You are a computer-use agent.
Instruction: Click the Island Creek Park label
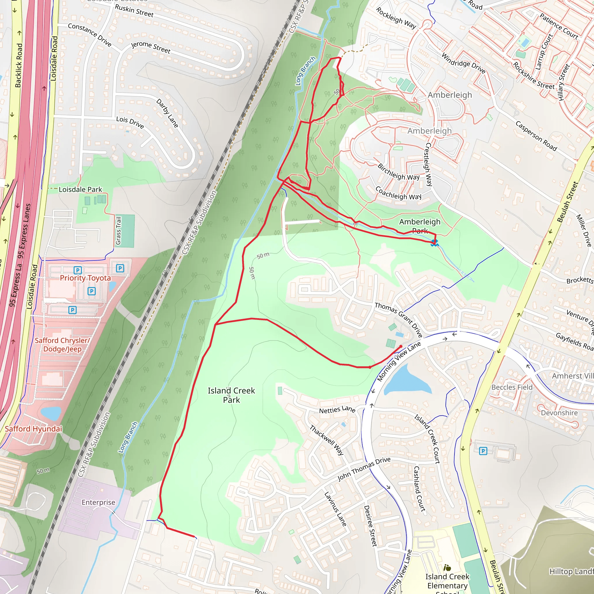231,395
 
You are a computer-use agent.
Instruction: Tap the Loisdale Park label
80,189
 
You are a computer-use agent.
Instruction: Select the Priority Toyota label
85,278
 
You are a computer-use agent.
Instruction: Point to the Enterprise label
98,502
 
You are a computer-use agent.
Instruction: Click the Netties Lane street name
337,410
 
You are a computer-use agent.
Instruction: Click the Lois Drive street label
130,122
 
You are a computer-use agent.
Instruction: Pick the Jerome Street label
151,47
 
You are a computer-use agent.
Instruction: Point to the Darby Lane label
167,113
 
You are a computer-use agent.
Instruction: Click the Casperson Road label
536,136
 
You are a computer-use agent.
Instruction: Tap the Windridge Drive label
463,63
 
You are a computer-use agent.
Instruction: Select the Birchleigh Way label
399,172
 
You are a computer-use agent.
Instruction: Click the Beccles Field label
512,387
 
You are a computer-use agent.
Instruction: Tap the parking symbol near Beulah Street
483,451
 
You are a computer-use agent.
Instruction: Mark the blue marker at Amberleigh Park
434,243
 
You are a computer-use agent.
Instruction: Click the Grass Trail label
118,231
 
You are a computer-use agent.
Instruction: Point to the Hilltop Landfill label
571,572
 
